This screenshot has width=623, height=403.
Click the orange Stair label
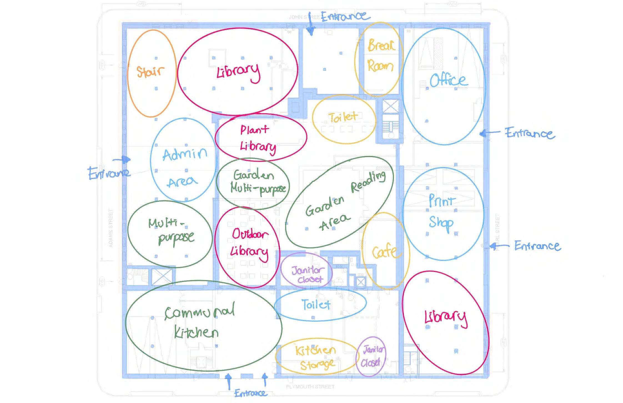click(x=150, y=71)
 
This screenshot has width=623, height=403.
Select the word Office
click(x=448, y=80)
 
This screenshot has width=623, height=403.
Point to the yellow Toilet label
click(x=343, y=117)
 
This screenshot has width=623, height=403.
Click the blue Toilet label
click(x=316, y=304)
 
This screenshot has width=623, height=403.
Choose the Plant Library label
click(x=257, y=138)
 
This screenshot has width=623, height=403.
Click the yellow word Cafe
click(x=385, y=252)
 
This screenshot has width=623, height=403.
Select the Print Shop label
click(x=441, y=212)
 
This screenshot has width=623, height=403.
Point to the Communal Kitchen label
click(x=199, y=321)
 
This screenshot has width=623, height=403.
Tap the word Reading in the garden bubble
click(x=368, y=182)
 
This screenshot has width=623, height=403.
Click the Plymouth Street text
click(x=310, y=387)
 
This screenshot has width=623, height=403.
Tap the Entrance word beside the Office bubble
click(x=529, y=133)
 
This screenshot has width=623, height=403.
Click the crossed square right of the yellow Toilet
click(x=390, y=107)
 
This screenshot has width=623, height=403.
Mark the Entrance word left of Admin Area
click(x=109, y=173)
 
